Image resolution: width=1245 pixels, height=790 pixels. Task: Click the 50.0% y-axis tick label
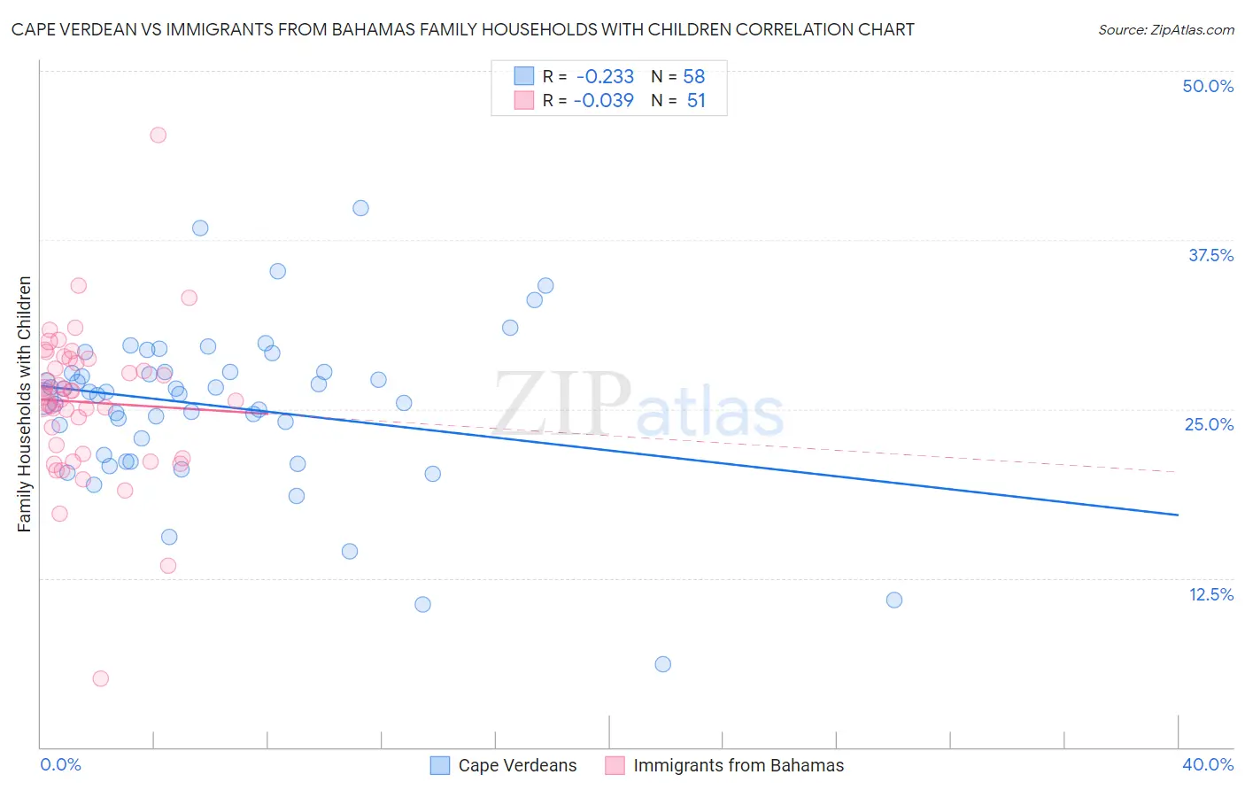pos(1208,86)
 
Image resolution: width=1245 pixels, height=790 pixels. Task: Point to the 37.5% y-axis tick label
pos(1210,255)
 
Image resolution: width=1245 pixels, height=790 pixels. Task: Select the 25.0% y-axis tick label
pos(1209,424)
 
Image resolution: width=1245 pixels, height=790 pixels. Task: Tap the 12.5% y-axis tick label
pos(1210,594)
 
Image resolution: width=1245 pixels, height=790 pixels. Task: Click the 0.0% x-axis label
pos(60,764)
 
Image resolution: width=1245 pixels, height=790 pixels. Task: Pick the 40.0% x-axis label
pos(1207,764)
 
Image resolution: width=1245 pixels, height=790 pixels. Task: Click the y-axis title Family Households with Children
pos(24,404)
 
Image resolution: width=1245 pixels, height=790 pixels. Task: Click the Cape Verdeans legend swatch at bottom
pos(440,765)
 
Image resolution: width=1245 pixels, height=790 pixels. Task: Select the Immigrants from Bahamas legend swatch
pos(615,765)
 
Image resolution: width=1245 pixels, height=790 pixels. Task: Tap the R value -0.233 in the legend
pos(605,76)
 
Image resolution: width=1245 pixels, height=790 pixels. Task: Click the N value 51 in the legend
pos(696,101)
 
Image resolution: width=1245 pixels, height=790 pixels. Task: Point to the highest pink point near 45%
pos(159,135)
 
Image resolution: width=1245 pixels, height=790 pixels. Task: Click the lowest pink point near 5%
pos(101,678)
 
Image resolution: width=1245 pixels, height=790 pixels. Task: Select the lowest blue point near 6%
pos(663,664)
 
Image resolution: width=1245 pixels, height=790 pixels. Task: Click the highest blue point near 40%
pos(360,208)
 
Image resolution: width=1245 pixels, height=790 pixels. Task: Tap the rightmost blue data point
pos(894,600)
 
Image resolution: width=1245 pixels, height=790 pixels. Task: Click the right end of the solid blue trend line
pos(1178,515)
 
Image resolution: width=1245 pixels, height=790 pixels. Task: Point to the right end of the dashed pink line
pos(1178,472)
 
